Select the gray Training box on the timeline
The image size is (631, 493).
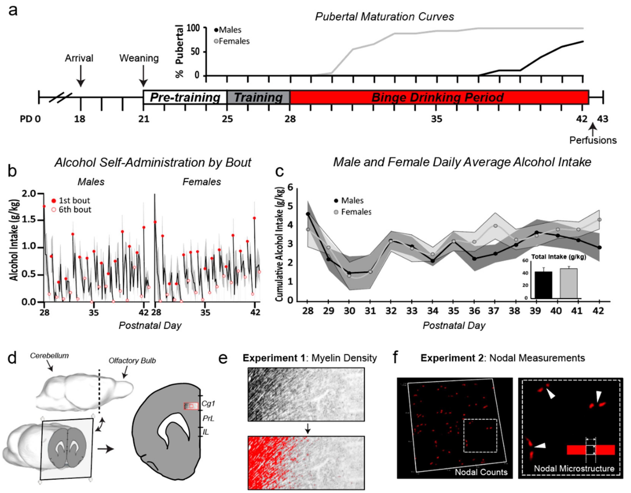[x=258, y=97]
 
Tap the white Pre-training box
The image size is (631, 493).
[x=185, y=97]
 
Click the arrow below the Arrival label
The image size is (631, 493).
[x=81, y=76]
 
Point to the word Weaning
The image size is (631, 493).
[x=139, y=58]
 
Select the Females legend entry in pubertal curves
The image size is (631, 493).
[x=234, y=41]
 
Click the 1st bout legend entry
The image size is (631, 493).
[x=74, y=200]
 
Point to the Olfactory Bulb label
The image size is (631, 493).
[x=132, y=361]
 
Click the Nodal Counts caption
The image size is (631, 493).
[x=481, y=472]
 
